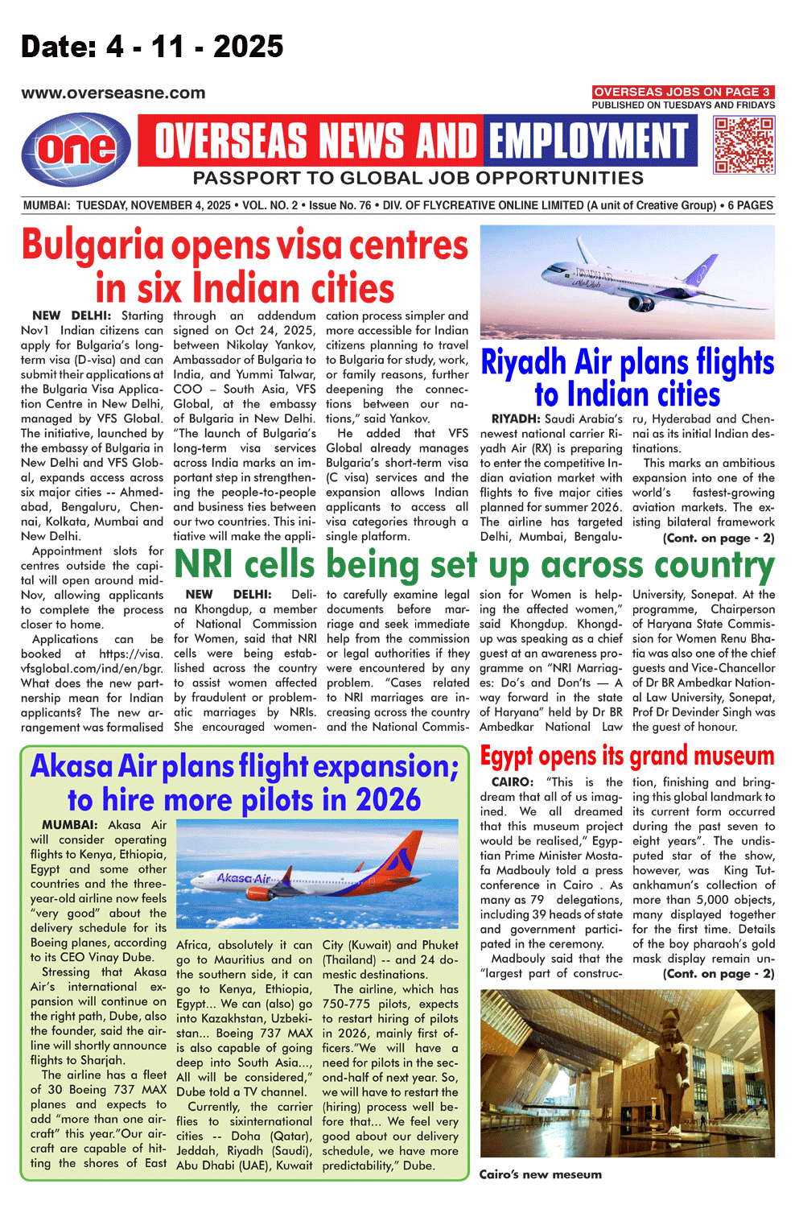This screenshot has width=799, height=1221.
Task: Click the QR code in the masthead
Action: pos(743,145)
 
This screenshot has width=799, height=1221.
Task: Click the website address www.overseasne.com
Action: pos(113,93)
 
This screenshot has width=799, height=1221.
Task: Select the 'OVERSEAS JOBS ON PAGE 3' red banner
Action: pos(682,92)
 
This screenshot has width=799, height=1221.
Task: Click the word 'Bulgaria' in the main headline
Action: pos(93,245)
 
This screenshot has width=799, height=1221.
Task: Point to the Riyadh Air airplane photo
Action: pos(627,281)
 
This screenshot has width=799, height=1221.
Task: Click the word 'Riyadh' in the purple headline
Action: pos(524,363)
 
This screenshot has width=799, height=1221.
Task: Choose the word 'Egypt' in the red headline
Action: pos(506,757)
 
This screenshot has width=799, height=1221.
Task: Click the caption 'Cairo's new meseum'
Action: pos(540,1174)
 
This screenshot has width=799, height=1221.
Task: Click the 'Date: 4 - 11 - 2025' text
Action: pos(152,47)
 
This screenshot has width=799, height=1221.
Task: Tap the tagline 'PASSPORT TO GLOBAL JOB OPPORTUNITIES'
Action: pos(418,178)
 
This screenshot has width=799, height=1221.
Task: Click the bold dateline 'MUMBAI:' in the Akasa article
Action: pos(70,825)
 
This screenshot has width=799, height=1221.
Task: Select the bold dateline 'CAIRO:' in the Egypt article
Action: pos(512,782)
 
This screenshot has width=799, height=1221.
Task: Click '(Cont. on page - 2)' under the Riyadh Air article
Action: pos(718,538)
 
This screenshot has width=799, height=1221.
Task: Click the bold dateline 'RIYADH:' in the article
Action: pos(515,419)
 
